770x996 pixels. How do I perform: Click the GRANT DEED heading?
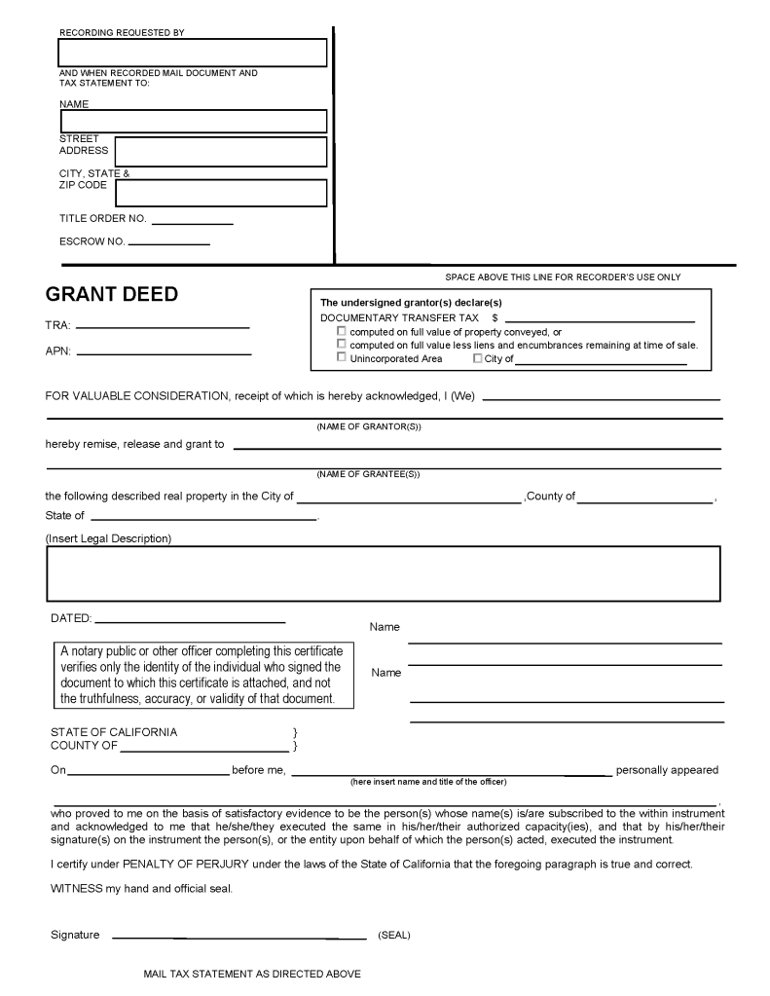point(112,294)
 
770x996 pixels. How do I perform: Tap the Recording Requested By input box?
point(193,53)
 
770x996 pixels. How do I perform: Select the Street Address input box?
point(220,152)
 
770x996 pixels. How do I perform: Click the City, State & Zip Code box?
point(220,193)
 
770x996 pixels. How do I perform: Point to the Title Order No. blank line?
point(192,223)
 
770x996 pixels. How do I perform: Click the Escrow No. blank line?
point(168,242)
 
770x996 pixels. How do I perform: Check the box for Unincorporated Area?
point(342,357)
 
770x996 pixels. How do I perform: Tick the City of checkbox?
point(477,357)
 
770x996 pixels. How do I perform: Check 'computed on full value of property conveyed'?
point(342,331)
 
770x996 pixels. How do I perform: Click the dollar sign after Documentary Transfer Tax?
point(495,318)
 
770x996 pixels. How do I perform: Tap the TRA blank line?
point(162,326)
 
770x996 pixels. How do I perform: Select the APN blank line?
point(164,352)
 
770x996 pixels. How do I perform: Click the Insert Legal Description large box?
point(383,572)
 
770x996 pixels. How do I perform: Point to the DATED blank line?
point(190,620)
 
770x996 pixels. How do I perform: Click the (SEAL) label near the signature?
point(394,936)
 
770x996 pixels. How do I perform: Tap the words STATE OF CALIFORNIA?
point(114,732)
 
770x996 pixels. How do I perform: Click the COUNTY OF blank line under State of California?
point(203,751)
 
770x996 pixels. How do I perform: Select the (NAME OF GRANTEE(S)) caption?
point(368,474)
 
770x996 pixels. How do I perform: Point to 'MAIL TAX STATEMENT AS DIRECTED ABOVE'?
point(252,974)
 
